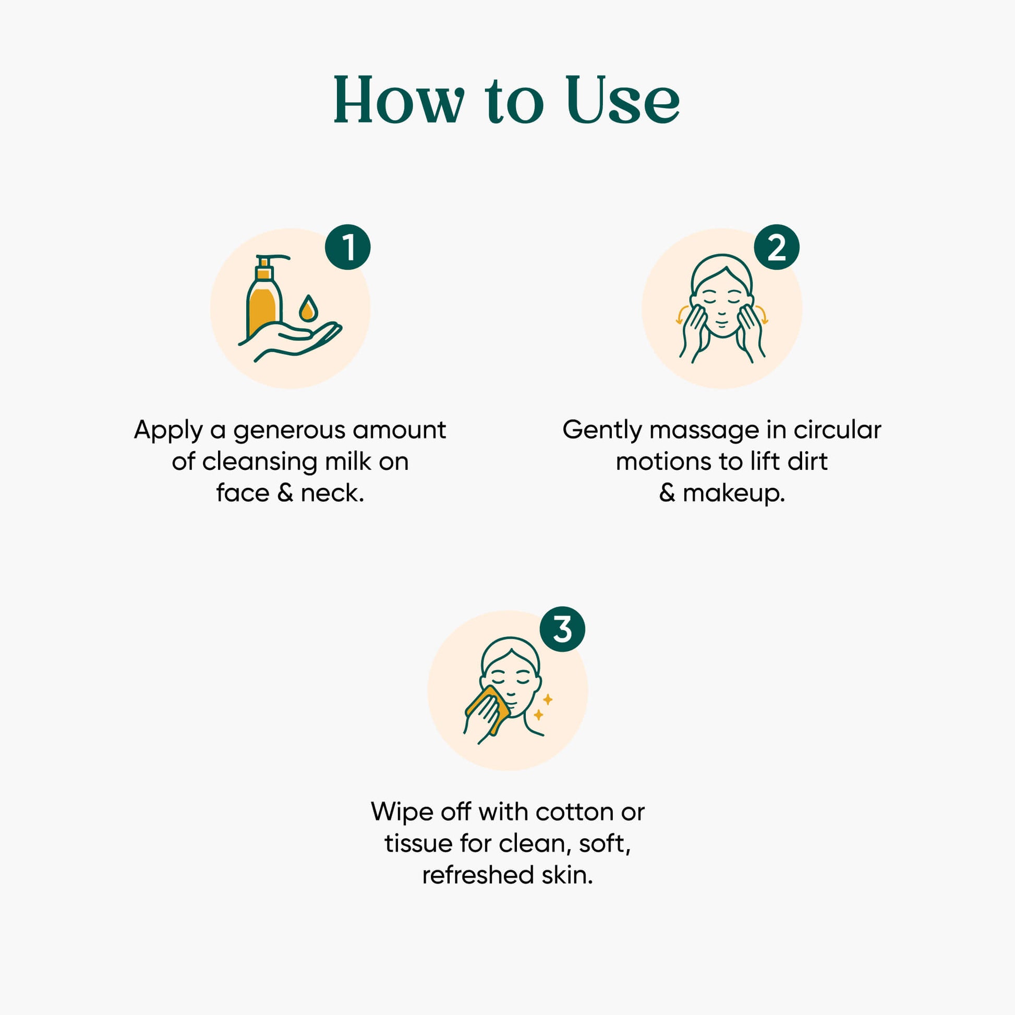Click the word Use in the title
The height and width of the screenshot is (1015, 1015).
click(x=623, y=100)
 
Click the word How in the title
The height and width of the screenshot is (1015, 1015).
click(x=400, y=100)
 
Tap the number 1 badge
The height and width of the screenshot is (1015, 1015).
click(x=348, y=247)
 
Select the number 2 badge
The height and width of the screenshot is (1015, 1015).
click(x=777, y=247)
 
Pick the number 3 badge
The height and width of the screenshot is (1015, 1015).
click(x=563, y=630)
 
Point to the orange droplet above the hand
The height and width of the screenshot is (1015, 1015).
click(x=308, y=308)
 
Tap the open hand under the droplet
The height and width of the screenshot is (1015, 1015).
click(x=291, y=341)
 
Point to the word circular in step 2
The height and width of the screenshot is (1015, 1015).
click(x=838, y=430)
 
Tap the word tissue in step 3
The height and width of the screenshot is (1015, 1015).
click(x=418, y=843)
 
